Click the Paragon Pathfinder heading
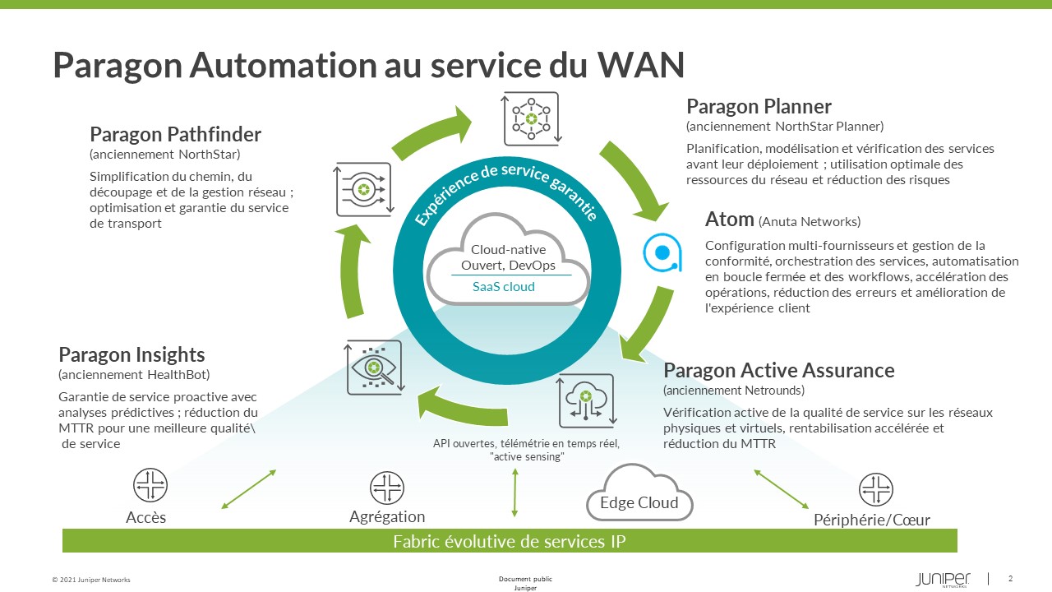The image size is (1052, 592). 175,134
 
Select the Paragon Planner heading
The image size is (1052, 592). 759,106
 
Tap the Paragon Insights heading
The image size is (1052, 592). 131,354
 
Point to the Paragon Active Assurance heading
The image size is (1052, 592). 778,370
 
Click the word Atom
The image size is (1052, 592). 729,220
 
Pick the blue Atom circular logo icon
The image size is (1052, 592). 662,252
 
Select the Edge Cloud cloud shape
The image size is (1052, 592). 639,493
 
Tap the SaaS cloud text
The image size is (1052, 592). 503,287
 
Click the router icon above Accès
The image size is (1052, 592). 150,486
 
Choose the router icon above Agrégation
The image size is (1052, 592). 386,488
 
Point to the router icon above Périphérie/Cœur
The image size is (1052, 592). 875,490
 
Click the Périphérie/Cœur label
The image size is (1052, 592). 872,520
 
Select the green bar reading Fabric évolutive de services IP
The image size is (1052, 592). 510,541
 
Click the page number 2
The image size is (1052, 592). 1010,577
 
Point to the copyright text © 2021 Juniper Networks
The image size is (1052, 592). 91,580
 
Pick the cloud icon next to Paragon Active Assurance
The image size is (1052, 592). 586,400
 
